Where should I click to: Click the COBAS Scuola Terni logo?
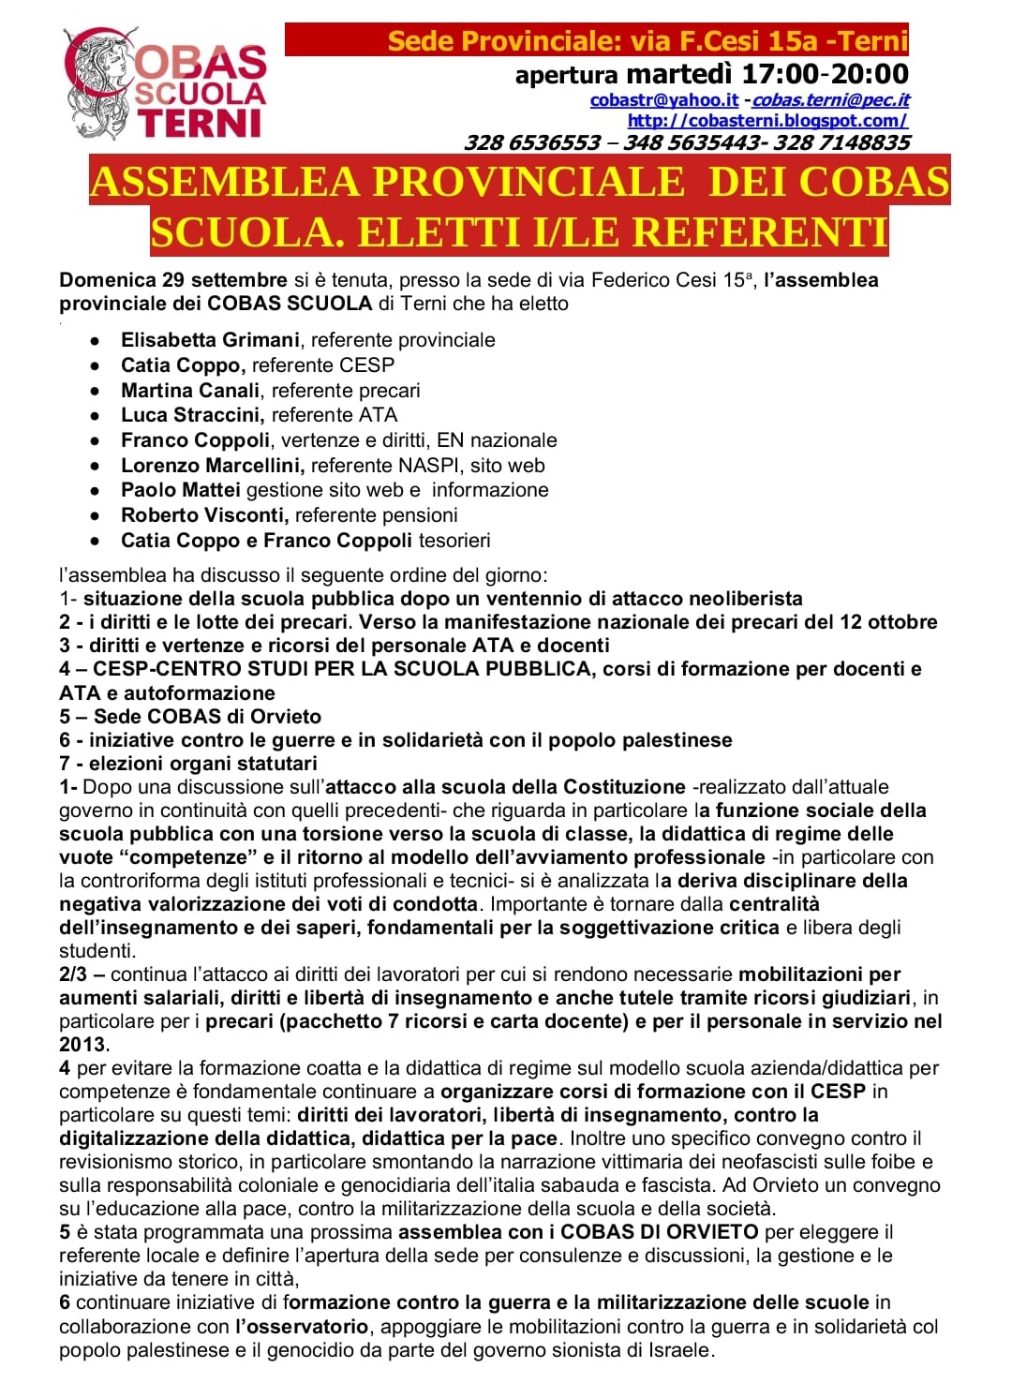pos(165,84)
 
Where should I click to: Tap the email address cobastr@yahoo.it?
pos(664,100)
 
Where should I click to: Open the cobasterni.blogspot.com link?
pos(767,121)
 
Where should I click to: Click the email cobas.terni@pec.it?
pos(830,100)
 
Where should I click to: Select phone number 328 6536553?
pos(532,142)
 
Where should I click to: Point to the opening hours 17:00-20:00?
pos(825,73)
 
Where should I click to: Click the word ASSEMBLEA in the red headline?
pos(225,182)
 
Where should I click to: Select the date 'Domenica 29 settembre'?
pos(173,280)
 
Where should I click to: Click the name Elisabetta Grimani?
pos(210,340)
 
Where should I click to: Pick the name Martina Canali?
pos(191,390)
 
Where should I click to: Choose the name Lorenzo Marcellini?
pos(212,466)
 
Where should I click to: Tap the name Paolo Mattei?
pos(181,490)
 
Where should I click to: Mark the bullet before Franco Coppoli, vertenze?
pos(96,440)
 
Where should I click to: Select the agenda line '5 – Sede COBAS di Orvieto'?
pos(190,717)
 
